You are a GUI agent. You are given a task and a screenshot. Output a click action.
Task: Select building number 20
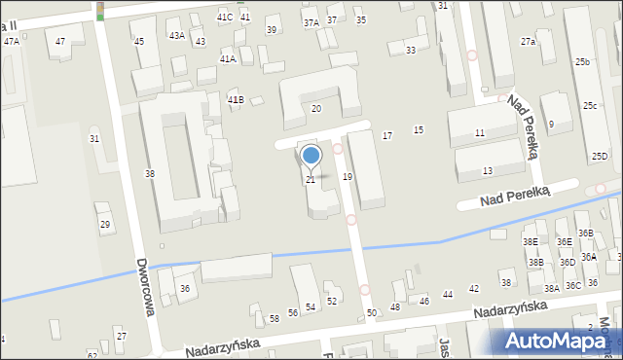315,108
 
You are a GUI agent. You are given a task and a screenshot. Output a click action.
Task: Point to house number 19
348,176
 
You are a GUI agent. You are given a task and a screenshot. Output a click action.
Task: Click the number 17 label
387,135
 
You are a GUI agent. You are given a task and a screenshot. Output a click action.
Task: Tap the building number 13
487,170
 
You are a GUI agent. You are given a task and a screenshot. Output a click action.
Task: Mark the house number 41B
235,100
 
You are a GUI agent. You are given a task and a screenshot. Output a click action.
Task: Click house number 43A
176,35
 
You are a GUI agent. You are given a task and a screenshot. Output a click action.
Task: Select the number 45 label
139,41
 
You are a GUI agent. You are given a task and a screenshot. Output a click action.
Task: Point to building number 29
105,225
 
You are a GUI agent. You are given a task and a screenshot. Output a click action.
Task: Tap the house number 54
311,306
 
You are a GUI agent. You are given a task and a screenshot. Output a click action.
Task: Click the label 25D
600,156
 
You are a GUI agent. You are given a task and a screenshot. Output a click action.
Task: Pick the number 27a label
528,42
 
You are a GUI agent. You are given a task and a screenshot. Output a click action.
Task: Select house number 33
411,50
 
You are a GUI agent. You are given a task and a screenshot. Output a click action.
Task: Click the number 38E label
531,241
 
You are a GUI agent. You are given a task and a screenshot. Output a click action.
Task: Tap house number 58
275,318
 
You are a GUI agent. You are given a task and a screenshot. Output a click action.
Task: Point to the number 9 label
551,124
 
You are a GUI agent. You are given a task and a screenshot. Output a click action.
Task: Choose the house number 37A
311,21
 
